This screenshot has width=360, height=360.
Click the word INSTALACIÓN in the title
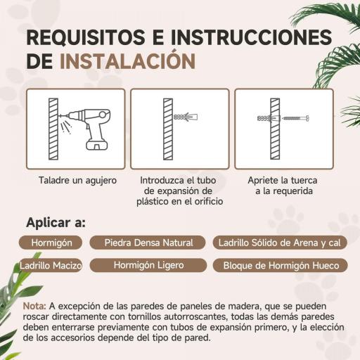tap(127, 60)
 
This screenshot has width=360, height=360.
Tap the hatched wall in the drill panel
tap(51, 129)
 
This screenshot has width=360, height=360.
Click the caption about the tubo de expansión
tap(180, 191)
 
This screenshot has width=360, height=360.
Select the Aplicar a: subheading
tap(56, 223)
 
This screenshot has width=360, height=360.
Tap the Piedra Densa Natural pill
tap(148, 243)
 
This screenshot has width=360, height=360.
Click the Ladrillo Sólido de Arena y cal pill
tap(280, 243)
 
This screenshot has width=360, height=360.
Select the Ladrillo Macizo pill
tap(51, 266)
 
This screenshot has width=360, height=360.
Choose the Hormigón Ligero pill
tap(148, 266)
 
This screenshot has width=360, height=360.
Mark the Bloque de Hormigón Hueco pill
tap(281, 266)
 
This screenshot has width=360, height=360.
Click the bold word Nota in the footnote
tap(35, 307)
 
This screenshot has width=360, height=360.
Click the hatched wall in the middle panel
tap(167, 129)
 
